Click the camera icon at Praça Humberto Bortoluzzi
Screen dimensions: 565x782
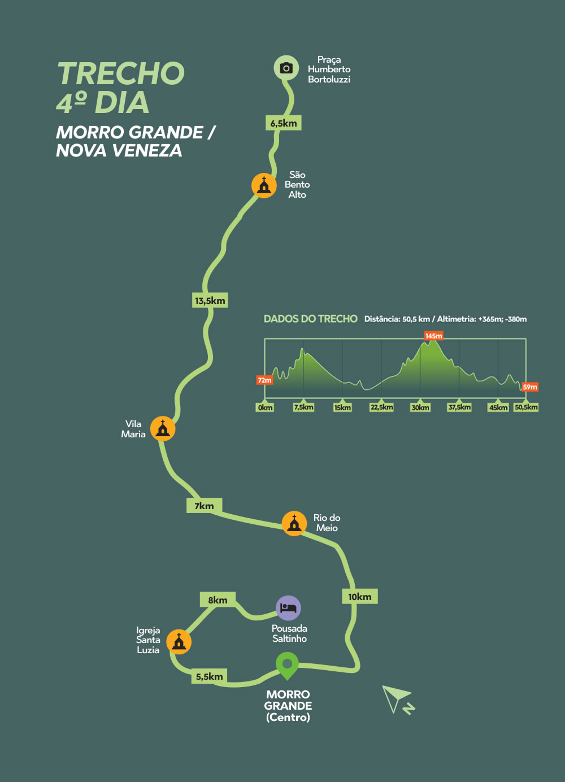286,68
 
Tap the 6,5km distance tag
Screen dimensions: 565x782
283,123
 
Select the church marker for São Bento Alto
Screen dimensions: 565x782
264,185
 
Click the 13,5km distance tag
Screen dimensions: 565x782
210,300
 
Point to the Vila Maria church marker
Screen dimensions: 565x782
163,428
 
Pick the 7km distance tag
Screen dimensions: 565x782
205,506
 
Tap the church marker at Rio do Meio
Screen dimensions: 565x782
294,523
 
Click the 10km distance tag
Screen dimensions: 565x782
360,597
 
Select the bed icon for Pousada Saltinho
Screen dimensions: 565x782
288,608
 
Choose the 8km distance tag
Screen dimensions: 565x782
218,599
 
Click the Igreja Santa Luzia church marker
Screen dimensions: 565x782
179,642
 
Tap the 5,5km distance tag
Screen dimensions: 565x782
209,676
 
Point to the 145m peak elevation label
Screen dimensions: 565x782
433,336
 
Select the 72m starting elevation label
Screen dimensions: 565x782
264,380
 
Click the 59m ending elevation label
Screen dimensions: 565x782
530,387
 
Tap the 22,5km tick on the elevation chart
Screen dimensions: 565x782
381,407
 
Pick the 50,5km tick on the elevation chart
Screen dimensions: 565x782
526,407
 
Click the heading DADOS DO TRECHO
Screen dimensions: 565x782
310,319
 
